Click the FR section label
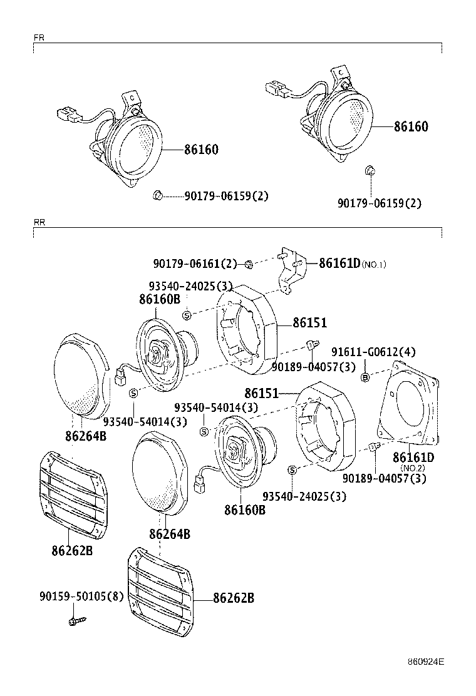coord(38,38)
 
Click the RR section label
coord(39,222)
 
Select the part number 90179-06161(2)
coord(195,264)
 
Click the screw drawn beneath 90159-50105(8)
coord(77,620)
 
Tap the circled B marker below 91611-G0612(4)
coord(365,377)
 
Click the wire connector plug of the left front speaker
coord(68,115)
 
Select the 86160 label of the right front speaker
coord(410,126)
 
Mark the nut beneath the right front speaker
coord(370,170)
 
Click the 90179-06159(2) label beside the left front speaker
coord(226,196)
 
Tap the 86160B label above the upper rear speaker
coord(160,299)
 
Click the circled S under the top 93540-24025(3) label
coord(186,314)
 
